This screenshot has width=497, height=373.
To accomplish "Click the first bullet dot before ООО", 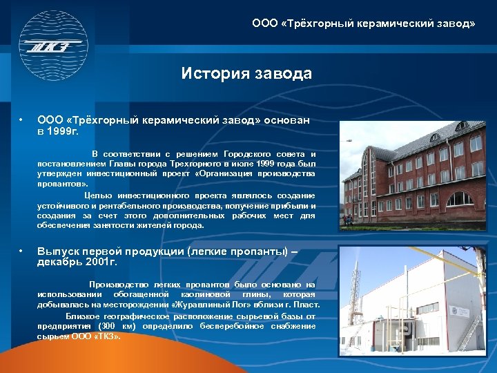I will coord(23,120).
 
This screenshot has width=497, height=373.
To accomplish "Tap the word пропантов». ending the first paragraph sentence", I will coord(63,184).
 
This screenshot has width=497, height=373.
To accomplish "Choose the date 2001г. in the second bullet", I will coord(101,262).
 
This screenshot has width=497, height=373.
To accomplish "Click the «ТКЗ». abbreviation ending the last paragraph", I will coord(106,336).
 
